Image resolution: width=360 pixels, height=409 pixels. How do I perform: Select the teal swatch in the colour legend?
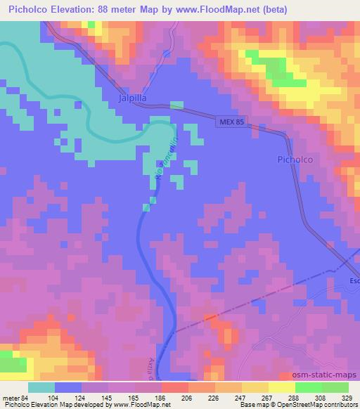[41, 387]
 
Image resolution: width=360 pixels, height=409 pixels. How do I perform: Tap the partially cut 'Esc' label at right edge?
[353, 275]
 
